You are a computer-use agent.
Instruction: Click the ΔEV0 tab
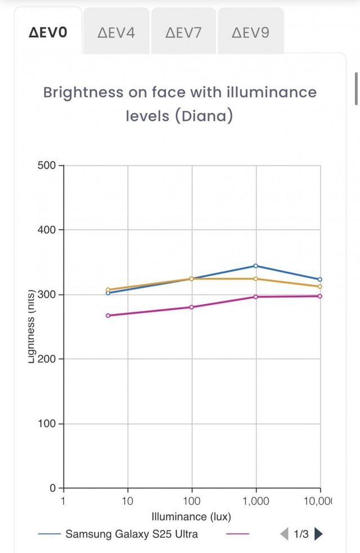point(48,32)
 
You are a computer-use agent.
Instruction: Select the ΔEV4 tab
point(116,32)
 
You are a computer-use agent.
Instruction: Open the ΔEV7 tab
point(183,32)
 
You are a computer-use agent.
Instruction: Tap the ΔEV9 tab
point(250,32)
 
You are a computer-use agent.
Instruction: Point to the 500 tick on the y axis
point(47,165)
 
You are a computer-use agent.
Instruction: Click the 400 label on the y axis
point(47,230)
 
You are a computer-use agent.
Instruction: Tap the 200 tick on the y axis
point(47,359)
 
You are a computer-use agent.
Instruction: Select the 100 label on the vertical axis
point(47,424)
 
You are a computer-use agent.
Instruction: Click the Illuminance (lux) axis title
point(191,516)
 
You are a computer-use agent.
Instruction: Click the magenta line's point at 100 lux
point(192,307)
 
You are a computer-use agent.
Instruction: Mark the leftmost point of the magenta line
point(108,316)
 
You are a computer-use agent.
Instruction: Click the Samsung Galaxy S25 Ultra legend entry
point(131,534)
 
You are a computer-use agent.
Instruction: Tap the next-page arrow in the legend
point(319,534)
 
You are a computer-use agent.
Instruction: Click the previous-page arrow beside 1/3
point(284,534)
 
